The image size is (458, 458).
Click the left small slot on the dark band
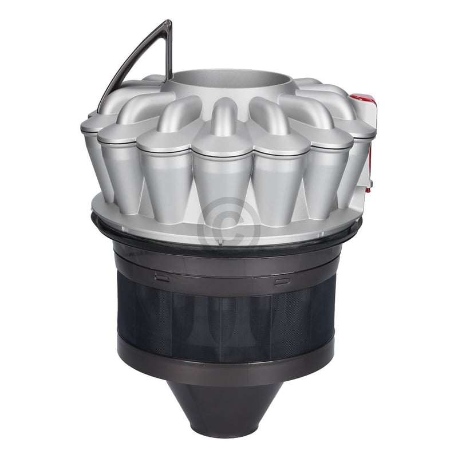[161, 278]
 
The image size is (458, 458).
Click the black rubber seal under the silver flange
[172, 237]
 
